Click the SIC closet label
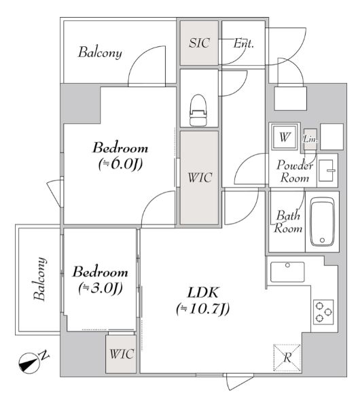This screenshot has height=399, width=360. point(199,43)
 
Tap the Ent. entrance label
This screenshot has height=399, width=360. point(244,44)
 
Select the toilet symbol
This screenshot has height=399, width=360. point(199,110)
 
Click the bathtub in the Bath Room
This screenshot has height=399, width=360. point(323,222)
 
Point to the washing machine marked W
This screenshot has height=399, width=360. point(284,137)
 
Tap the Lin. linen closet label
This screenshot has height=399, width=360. point(310,139)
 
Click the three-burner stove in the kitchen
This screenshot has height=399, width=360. point(323,312)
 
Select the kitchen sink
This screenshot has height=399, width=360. point(287,272)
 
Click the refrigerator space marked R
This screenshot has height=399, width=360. point(287,358)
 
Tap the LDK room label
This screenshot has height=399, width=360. point(202,293)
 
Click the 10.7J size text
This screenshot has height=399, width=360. point(203,309)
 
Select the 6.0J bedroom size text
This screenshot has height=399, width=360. point(120,164)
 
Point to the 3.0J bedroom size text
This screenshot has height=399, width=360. point(101,288)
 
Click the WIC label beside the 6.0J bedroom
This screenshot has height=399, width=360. point(200,177)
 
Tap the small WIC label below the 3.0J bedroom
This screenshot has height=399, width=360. point(122,354)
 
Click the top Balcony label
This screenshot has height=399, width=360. point(100,52)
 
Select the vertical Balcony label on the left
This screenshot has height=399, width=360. point(40,279)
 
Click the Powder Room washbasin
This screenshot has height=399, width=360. point(326,171)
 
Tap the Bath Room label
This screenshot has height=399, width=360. point(288,222)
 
